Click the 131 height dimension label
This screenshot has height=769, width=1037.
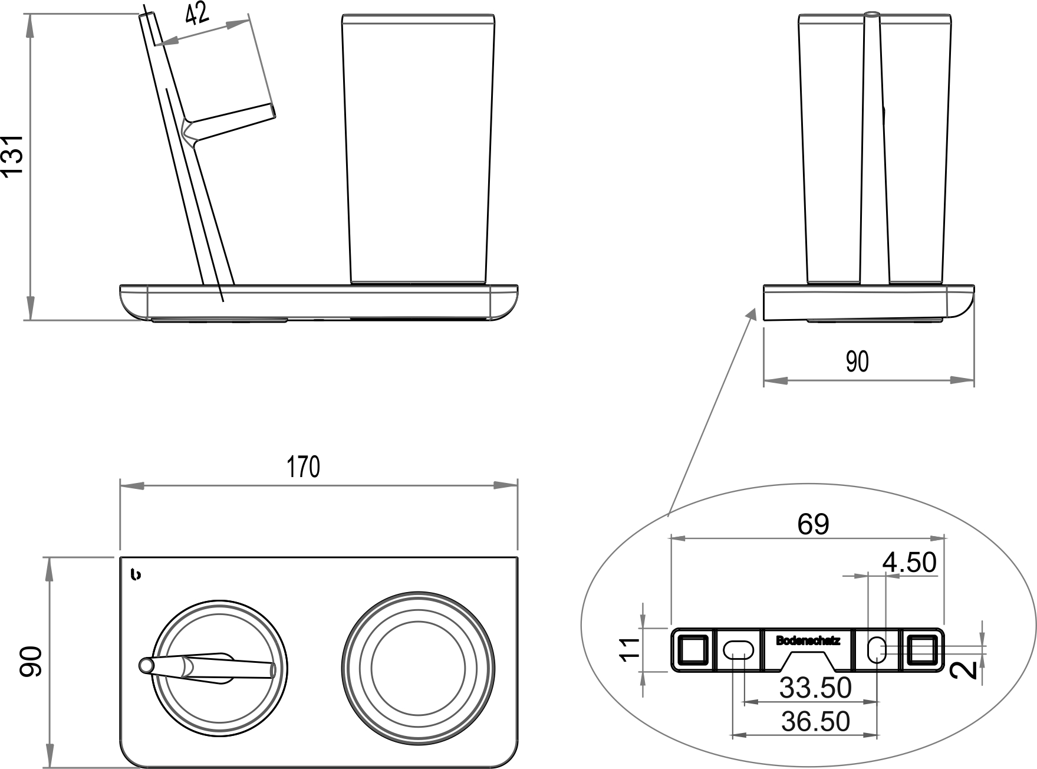[13, 155]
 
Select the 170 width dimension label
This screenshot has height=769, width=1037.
[304, 466]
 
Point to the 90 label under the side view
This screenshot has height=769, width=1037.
[857, 361]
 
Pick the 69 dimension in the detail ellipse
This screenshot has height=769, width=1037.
[813, 524]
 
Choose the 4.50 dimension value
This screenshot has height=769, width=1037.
[909, 562]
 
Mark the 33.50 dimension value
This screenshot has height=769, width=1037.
[815, 688]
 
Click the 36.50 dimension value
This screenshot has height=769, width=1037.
[815, 721]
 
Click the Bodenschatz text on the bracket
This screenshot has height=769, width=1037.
[808, 640]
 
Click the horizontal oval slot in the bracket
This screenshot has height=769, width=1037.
[738, 650]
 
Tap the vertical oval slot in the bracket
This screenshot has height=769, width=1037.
[877, 649]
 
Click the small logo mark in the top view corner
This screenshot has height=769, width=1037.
[136, 575]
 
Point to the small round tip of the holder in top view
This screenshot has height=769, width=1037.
[145, 666]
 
